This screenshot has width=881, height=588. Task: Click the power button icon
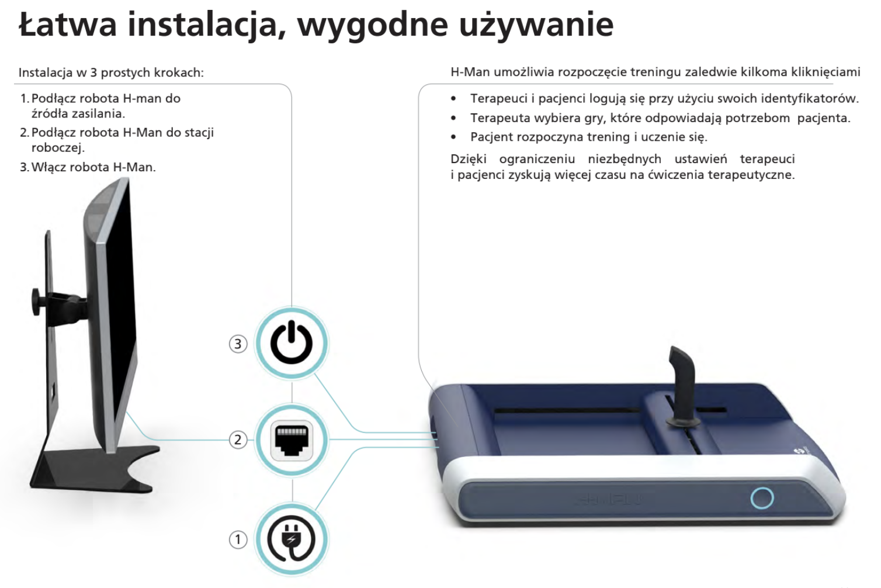[291, 341]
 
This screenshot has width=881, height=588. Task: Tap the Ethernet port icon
[292, 440]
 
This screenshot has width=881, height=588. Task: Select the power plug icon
[292, 538]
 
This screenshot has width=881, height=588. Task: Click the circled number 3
[238, 344]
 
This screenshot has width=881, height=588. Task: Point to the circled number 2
[238, 440]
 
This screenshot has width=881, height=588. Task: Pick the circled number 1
[238, 539]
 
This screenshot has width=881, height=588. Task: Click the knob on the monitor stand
[37, 301]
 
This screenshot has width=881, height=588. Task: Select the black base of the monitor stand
[95, 471]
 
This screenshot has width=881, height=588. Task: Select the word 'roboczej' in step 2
[58, 148]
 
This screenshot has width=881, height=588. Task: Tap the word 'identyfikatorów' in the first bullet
[809, 98]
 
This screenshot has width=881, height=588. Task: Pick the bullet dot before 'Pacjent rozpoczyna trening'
[454, 137]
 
